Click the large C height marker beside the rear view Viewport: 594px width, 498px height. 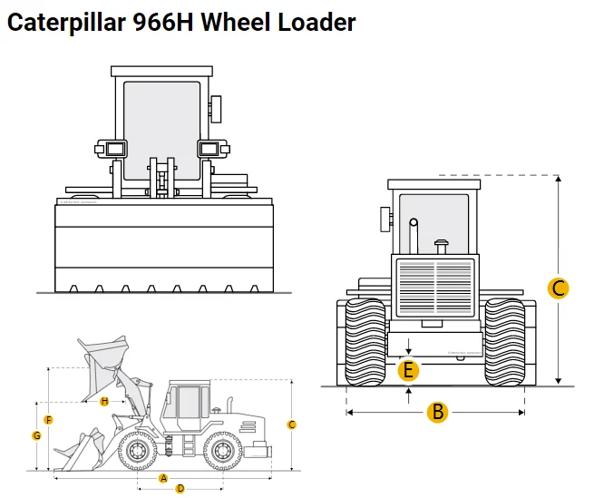tap(559, 288)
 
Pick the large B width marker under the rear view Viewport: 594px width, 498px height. tap(438, 412)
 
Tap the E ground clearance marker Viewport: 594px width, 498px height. tap(409, 370)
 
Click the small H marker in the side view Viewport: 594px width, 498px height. tap(105, 401)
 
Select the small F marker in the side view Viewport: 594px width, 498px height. tap(49, 420)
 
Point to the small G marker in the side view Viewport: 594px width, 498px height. tap(37, 435)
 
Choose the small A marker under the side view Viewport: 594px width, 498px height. tap(163, 477)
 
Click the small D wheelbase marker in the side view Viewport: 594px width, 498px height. tap(180, 488)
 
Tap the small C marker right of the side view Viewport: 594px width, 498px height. tap(291, 425)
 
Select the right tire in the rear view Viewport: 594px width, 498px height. tap(505, 341)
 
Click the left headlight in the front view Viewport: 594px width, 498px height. tap(111, 149)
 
